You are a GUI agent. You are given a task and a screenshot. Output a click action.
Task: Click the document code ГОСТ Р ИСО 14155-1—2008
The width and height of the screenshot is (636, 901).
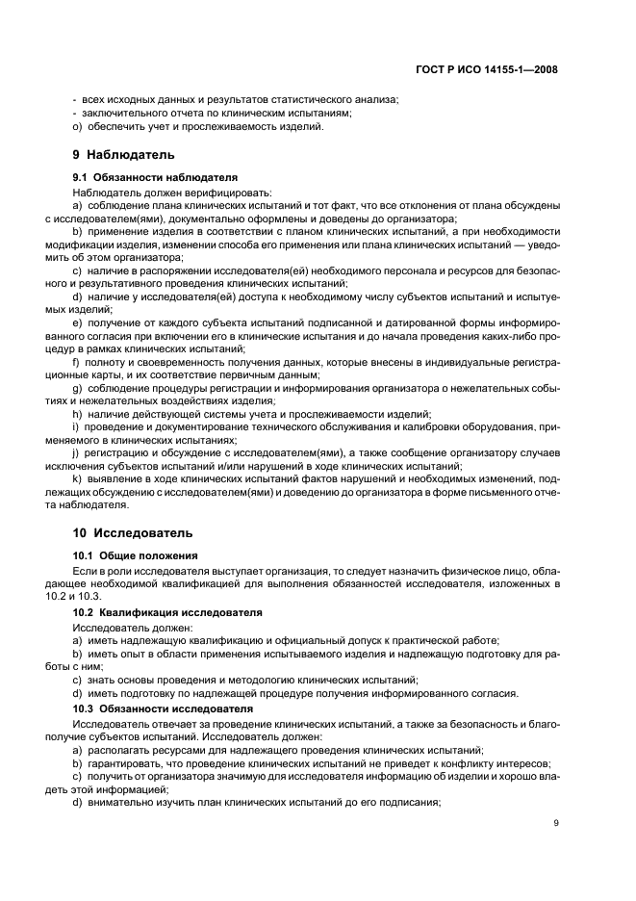(496, 69)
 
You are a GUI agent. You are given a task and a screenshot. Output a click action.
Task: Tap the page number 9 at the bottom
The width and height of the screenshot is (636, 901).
(556, 822)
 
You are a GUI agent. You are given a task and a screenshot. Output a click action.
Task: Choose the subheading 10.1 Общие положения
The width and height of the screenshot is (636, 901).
(136, 555)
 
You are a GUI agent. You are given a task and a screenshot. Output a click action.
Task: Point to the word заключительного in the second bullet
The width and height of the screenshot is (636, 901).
(120, 113)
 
